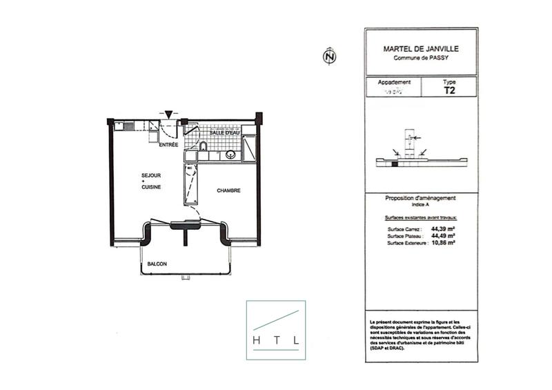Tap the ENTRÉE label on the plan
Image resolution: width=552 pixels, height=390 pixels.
pos(168,145)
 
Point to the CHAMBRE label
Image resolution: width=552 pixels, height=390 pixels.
pos(228,191)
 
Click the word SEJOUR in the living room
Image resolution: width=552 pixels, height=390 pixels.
pos(150,177)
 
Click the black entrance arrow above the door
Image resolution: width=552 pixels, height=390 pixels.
pos(168,115)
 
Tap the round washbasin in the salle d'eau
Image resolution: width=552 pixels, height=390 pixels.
pos(230,155)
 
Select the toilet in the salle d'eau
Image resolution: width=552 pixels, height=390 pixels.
pos(203,146)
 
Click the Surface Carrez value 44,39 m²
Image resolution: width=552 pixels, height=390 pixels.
pos(442,228)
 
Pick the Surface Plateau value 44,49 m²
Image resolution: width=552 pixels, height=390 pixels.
pos(442,235)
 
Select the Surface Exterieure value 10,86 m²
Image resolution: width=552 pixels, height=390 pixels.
pos(442,242)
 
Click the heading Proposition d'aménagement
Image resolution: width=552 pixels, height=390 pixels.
pos(420,198)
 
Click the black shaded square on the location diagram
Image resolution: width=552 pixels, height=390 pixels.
pos(395,164)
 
